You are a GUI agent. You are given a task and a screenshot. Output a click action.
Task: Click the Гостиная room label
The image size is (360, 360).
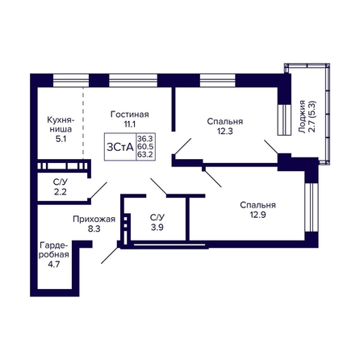click(x=130, y=115)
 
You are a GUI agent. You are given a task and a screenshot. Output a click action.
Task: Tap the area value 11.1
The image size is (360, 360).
click(x=130, y=124)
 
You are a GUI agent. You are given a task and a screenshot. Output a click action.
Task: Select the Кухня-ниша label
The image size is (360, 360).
click(x=60, y=124)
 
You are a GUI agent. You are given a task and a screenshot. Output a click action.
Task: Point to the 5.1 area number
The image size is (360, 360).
click(x=60, y=139)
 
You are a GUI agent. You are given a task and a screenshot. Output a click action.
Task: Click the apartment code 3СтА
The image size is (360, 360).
click(x=120, y=147)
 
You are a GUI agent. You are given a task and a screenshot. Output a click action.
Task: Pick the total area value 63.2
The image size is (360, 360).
click(x=145, y=155)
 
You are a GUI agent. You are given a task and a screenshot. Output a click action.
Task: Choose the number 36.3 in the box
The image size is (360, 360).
click(x=145, y=139)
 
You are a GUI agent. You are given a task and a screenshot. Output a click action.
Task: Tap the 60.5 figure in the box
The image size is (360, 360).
click(x=145, y=147)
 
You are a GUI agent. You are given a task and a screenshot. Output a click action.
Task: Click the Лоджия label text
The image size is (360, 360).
click(x=303, y=117)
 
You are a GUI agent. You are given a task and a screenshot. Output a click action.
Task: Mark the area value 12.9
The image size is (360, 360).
click(x=257, y=215)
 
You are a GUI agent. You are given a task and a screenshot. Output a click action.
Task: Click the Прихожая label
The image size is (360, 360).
click(x=94, y=220)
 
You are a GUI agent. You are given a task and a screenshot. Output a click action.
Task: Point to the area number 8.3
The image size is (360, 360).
click(x=94, y=229)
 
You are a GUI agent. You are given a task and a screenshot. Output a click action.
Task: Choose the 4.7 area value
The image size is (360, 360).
click(x=53, y=264)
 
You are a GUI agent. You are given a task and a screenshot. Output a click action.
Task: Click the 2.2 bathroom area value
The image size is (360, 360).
click(x=60, y=192)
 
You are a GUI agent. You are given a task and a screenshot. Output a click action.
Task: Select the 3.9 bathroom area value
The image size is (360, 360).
click(x=157, y=228)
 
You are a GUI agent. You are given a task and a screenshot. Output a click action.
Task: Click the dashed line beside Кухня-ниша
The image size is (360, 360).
click(x=83, y=123)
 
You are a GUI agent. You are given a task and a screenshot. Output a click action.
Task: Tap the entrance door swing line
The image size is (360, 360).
click(x=110, y=255)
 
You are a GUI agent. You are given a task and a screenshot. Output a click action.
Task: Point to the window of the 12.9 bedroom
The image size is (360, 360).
click(x=312, y=207)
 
